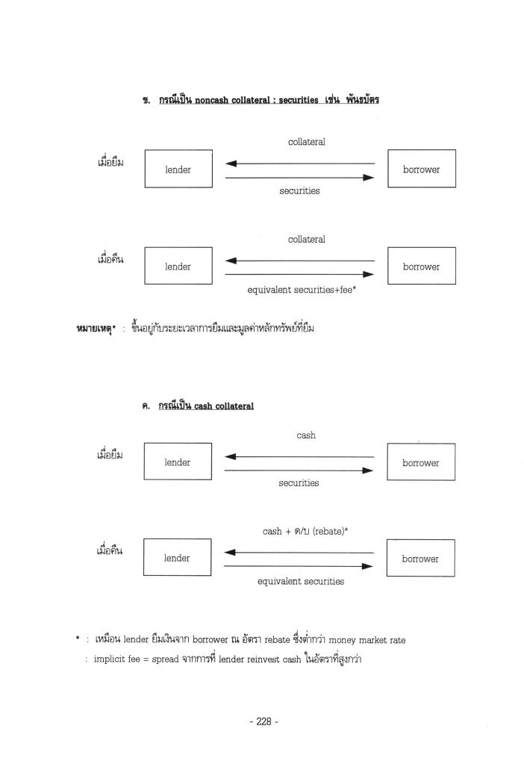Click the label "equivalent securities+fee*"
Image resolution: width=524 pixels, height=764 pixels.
pyautogui.click(x=301, y=290)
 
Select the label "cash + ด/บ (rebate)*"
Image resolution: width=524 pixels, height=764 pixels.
pyautogui.click(x=305, y=531)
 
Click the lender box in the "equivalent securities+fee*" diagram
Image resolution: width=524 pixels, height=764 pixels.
pyautogui.click(x=178, y=267)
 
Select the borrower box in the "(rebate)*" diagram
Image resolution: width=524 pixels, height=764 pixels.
pyautogui.click(x=420, y=559)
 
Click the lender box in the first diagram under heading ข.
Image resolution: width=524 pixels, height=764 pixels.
pyautogui.click(x=178, y=170)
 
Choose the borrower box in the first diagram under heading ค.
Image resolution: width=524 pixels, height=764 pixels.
pyautogui.click(x=420, y=462)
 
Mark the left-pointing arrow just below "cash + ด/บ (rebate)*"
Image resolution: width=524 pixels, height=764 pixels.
pyautogui.click(x=299, y=553)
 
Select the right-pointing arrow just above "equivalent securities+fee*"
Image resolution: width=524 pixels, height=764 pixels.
pyautogui.click(x=299, y=274)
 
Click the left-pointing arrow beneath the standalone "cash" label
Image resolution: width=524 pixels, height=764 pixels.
pyautogui.click(x=299, y=456)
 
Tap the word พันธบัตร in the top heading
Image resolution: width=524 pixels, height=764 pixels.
pyautogui.click(x=360, y=101)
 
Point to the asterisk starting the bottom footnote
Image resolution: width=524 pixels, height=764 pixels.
pyautogui.click(x=78, y=639)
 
